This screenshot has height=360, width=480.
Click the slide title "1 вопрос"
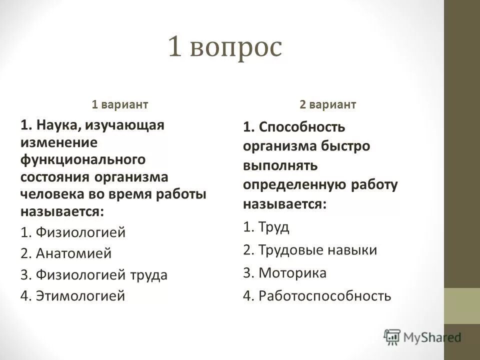pyautogui.click(x=225, y=48)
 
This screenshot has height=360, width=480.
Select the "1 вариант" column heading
pyautogui.click(x=119, y=104)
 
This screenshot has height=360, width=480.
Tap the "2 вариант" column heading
pyautogui.click(x=328, y=104)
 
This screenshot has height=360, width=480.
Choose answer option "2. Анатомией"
pyautogui.click(x=66, y=253)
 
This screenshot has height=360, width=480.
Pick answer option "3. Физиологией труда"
pyautogui.click(x=94, y=275)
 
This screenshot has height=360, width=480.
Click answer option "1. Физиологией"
pyautogui.click(x=73, y=232)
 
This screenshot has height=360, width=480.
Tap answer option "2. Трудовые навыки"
pyautogui.click(x=310, y=250)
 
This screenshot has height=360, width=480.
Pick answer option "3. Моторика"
pyautogui.click(x=285, y=273)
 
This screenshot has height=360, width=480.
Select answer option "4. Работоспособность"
pyautogui.click(x=316, y=296)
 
